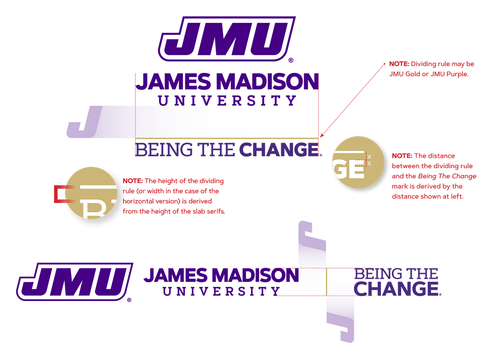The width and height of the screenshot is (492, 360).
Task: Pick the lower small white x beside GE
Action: [x=369, y=163]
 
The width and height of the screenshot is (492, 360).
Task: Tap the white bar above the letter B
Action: [x=98, y=187]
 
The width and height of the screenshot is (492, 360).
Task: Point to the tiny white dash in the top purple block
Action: [x=164, y=52]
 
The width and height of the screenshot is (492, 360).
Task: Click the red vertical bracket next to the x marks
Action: [x=366, y=159]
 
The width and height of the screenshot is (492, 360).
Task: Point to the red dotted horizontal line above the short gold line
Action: [x=312, y=269]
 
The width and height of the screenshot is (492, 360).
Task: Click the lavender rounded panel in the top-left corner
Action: [x=57, y=74]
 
